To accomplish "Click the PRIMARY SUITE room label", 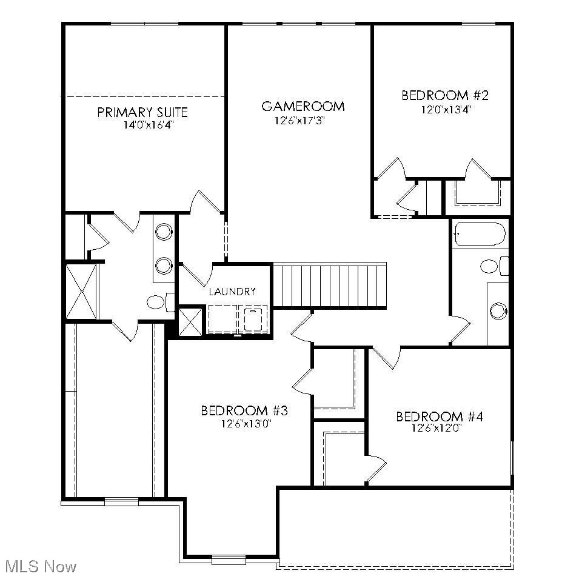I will tap(142, 112).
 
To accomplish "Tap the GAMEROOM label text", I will tap(303, 107).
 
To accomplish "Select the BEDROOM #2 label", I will tap(445, 95).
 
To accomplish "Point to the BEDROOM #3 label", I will tap(244, 411).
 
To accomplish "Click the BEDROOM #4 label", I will tap(439, 416).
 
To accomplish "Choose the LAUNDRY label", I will tap(232, 292).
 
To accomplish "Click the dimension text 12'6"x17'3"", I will tap(303, 121).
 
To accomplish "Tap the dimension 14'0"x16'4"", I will tap(142, 125).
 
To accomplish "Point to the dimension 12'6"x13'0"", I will tap(244, 424).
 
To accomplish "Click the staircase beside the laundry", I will tap(330, 286).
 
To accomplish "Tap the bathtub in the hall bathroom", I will tap(479, 235).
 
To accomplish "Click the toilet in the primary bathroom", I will tap(158, 301).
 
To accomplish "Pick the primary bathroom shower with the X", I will tap(82, 291).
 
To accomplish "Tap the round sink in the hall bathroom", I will tap(498, 311).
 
